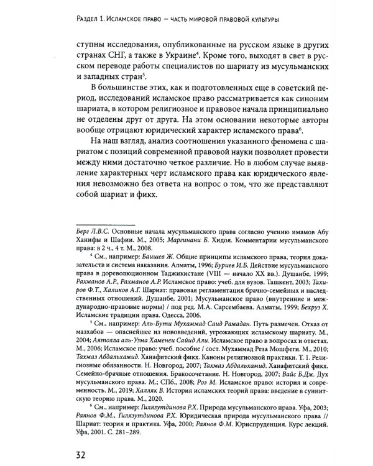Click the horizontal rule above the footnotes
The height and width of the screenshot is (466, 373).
[104, 226]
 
